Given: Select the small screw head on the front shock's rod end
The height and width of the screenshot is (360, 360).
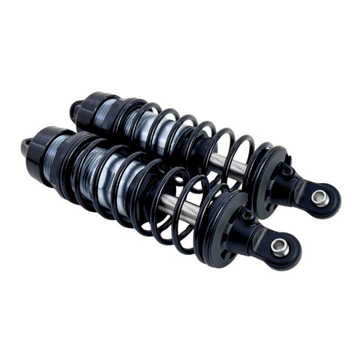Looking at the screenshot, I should tap(246, 216).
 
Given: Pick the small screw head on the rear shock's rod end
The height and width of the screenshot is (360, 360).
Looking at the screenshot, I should tap(286, 171).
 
